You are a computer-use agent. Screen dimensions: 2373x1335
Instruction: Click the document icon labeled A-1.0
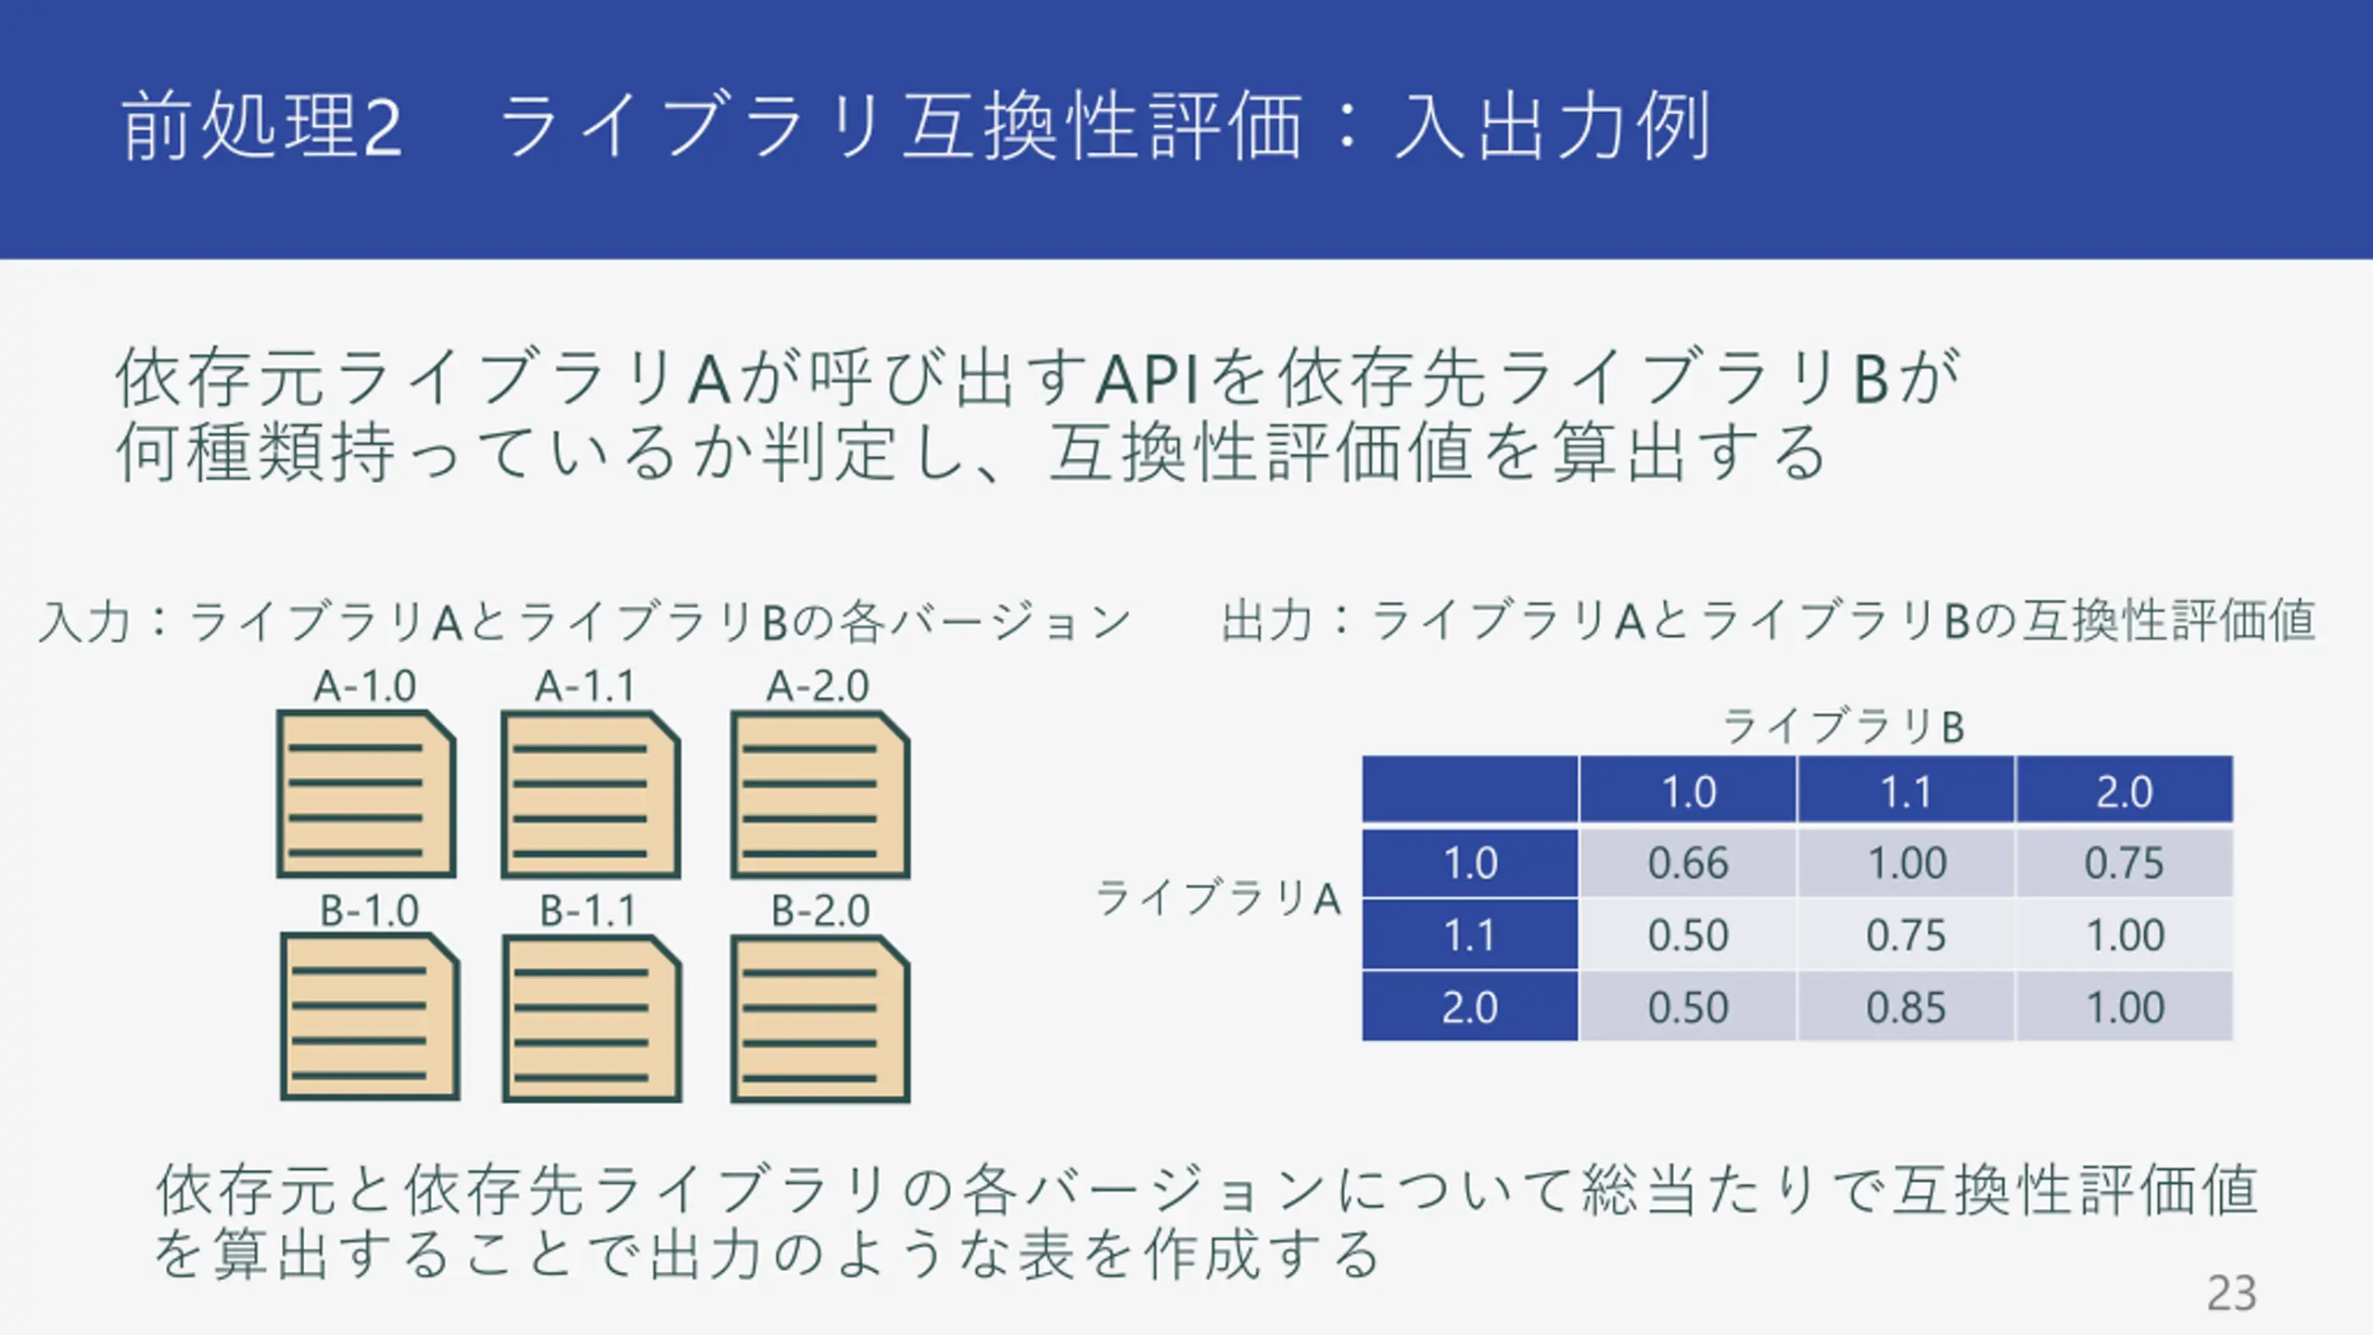[366, 794]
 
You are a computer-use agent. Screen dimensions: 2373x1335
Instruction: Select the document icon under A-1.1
[590, 795]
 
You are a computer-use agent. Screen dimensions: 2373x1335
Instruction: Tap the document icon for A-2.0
[820, 795]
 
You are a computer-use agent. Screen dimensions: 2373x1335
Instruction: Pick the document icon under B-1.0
[370, 1017]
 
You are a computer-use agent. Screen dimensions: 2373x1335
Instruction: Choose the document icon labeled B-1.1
[591, 1018]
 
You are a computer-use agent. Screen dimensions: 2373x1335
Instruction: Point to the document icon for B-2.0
[820, 1018]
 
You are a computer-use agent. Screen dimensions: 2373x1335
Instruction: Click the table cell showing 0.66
[1688, 863]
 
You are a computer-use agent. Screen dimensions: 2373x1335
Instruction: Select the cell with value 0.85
[1906, 1007]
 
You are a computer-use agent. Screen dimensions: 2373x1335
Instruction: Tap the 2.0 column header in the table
[2125, 791]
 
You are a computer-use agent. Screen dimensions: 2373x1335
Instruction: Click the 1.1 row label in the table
[1470, 934]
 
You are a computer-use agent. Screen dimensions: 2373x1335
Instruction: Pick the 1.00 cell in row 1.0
[1906, 863]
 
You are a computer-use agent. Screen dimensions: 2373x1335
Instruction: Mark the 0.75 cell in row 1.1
[1906, 934]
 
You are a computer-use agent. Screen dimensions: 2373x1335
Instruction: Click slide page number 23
[2231, 1292]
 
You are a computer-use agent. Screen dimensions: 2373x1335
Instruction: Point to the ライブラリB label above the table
[1844, 726]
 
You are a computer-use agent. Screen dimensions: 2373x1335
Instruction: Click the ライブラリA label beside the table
[1219, 897]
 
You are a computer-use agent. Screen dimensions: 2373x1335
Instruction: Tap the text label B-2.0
[820, 910]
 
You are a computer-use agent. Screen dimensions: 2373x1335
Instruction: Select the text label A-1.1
[586, 687]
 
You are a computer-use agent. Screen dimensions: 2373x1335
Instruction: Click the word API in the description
[1148, 378]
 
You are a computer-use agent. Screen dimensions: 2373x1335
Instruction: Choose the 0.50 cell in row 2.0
[1688, 1007]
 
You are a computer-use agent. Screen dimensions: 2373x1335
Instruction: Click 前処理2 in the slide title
[262, 126]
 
